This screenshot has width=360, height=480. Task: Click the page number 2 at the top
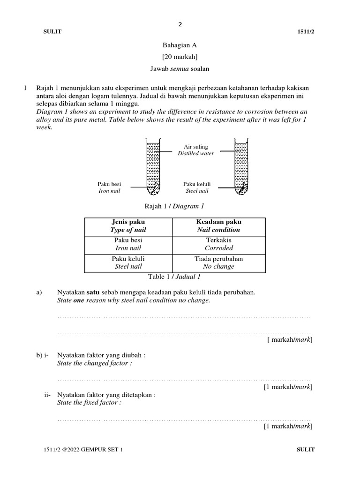tap(180, 24)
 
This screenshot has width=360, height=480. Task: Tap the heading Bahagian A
tap(180, 45)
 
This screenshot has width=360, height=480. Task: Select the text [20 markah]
tap(180, 57)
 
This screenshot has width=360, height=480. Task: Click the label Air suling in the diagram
tap(195, 147)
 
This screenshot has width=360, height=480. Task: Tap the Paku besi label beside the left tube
tap(109, 184)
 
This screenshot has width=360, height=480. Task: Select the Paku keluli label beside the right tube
tap(195, 184)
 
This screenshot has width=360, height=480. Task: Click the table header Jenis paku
tap(128, 222)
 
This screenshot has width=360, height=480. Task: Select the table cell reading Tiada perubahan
tap(219, 259)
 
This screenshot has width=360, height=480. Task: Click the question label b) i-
tap(43, 355)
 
